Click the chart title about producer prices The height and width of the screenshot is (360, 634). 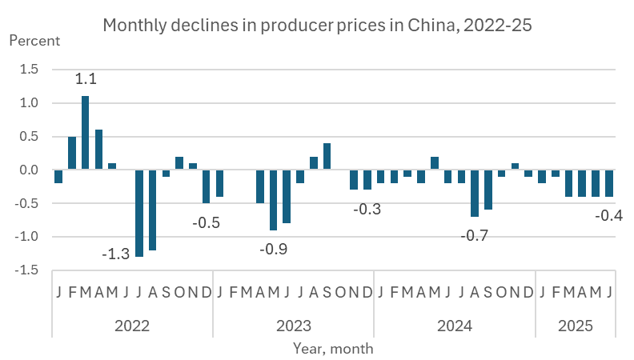click(318, 26)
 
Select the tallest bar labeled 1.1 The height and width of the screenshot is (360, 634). click(86, 132)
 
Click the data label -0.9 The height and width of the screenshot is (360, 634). click(274, 249)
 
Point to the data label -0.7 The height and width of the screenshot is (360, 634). click(475, 235)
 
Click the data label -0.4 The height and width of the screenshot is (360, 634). click(608, 215)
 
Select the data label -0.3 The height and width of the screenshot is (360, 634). click(367, 210)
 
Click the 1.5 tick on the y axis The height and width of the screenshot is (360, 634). click(29, 69)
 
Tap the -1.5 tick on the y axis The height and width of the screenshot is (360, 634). click(27, 270)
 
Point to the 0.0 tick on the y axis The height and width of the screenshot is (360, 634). click(29, 170)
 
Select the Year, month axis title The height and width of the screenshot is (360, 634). click(332, 349)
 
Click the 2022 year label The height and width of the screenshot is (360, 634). click(132, 326)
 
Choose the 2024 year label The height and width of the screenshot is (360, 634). click(455, 326)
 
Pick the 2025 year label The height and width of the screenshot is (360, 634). click(576, 326)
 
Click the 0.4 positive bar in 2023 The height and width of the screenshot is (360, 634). click(327, 156)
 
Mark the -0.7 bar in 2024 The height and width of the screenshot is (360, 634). click(475, 193)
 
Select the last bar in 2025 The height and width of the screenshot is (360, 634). click(608, 183)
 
